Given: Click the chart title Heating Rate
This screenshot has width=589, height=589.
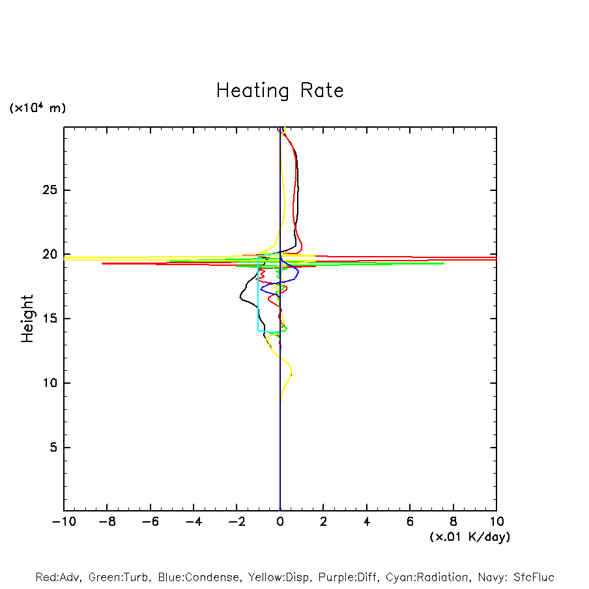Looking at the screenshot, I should pyautogui.click(x=280, y=91).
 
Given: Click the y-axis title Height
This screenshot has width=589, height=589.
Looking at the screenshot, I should pyautogui.click(x=27, y=319).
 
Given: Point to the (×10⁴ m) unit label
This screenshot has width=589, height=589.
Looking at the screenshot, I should pyautogui.click(x=37, y=108).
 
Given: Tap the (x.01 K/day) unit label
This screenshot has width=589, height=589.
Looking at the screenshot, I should pyautogui.click(x=469, y=536).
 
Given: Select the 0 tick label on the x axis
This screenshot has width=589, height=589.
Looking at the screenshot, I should pyautogui.click(x=280, y=522).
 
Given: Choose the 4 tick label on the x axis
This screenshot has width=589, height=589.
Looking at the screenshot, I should pyautogui.click(x=367, y=522).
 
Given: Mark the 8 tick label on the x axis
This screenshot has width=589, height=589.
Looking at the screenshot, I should pyautogui.click(x=453, y=522).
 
